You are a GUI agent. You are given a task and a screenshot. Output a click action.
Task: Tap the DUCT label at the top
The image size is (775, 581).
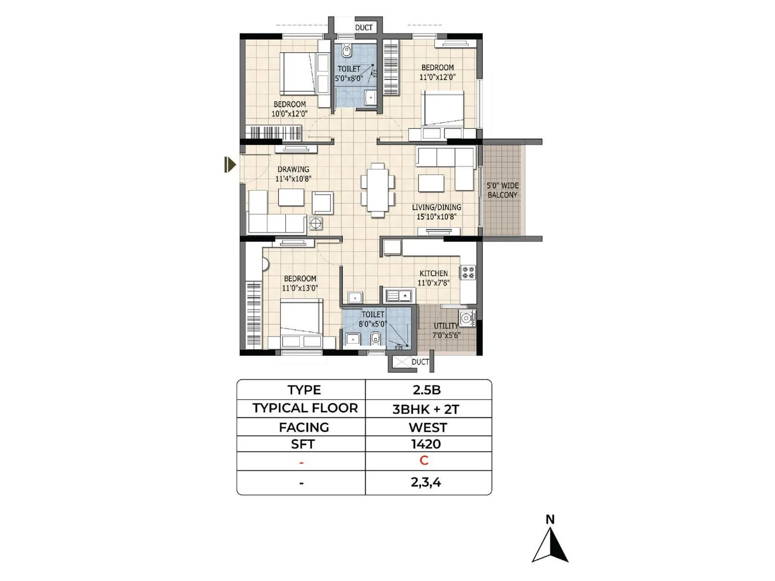point(364,28)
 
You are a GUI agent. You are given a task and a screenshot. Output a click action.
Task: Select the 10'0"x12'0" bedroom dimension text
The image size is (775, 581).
point(289,114)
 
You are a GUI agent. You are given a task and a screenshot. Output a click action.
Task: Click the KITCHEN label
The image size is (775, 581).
point(434,274)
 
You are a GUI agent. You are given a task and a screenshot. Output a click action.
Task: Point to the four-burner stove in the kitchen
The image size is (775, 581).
point(468,272)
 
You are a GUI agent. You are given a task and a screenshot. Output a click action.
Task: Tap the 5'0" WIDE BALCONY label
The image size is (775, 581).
point(502,190)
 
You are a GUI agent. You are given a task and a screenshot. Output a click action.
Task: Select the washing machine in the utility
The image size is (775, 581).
point(467,318)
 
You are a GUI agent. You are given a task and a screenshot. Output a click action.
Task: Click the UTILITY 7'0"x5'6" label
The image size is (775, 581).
point(446,331)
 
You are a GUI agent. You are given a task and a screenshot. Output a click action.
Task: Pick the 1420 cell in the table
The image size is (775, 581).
point(426,444)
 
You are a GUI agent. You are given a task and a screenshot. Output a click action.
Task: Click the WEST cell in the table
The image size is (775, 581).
point(428,428)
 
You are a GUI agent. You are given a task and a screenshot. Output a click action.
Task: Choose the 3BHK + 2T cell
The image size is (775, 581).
point(426,409)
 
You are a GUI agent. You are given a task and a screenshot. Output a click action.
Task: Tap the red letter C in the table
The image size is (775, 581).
point(424,460)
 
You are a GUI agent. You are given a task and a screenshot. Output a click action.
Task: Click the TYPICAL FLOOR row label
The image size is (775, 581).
point(305,408)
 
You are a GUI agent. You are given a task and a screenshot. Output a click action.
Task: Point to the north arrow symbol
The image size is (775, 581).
point(550,545)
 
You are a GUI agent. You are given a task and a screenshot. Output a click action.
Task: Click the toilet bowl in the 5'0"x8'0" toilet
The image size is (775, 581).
point(346,50)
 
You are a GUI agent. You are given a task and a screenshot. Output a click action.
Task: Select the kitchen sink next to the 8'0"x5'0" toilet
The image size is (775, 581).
point(400,295)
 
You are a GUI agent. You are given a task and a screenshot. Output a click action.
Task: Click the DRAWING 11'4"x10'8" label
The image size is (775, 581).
point(293,174)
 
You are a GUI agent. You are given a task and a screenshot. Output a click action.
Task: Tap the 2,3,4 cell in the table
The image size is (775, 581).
point(426,482)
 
